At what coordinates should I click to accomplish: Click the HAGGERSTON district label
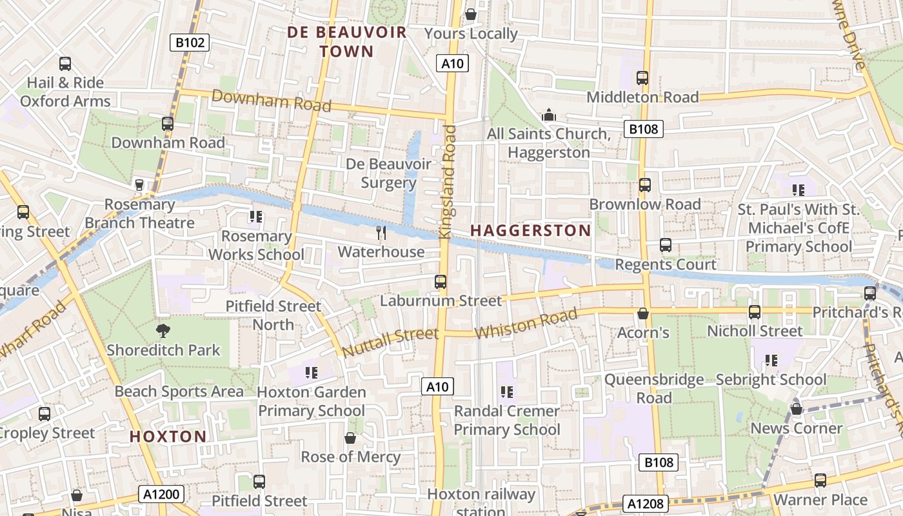pyautogui.click(x=530, y=230)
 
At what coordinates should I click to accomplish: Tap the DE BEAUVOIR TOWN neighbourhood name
pyautogui.click(x=347, y=42)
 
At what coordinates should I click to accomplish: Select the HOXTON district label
pyautogui.click(x=168, y=437)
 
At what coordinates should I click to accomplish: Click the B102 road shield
pyautogui.click(x=190, y=43)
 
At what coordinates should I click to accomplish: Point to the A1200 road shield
pyautogui.click(x=161, y=495)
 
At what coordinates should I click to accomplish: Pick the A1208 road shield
pyautogui.click(x=646, y=503)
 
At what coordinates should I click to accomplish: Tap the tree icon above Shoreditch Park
pyautogui.click(x=163, y=331)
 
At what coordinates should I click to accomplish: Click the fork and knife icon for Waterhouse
pyautogui.click(x=381, y=232)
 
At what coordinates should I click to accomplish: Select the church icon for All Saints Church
pyautogui.click(x=549, y=115)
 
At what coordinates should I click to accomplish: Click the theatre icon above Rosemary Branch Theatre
pyautogui.click(x=139, y=185)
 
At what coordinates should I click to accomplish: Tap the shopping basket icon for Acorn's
pyautogui.click(x=643, y=313)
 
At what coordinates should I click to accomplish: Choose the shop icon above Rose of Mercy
pyautogui.click(x=350, y=438)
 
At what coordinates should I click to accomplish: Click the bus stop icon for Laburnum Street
pyautogui.click(x=441, y=282)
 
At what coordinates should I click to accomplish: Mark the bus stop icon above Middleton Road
pyautogui.click(x=642, y=78)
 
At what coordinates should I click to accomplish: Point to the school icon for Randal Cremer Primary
pyautogui.click(x=507, y=392)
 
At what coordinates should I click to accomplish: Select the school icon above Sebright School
pyautogui.click(x=771, y=361)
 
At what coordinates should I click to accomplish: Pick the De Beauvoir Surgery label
pyautogui.click(x=388, y=174)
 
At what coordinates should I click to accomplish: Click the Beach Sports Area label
pyautogui.click(x=179, y=392)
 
